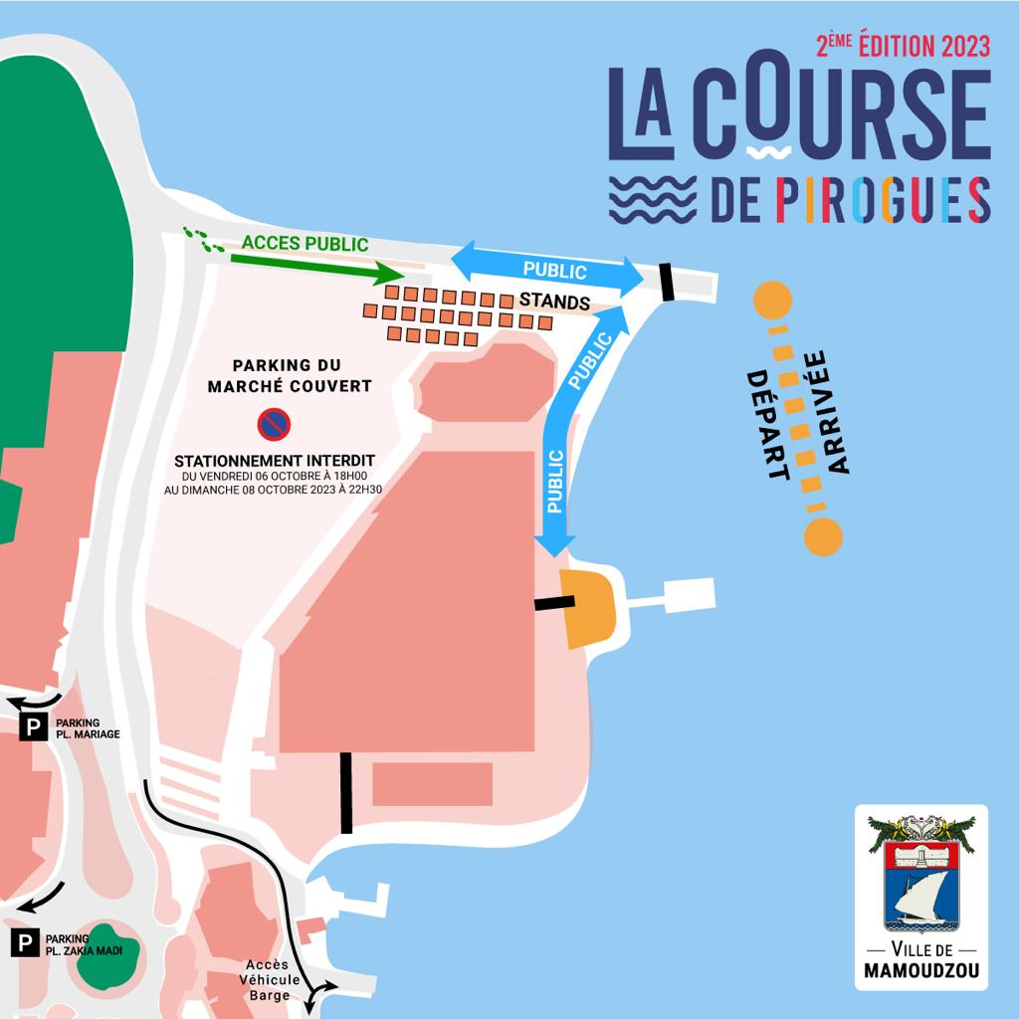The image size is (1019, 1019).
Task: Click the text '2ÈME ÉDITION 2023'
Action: (x=903, y=46)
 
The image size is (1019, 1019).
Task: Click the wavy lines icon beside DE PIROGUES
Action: (x=653, y=199)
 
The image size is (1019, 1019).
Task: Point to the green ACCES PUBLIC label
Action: (x=305, y=244)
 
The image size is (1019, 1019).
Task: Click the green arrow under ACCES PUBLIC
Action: (x=314, y=266)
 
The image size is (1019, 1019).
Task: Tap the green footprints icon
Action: (x=203, y=240)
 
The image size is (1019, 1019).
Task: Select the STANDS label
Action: (x=554, y=302)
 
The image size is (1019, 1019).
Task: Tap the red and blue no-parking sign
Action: (x=273, y=425)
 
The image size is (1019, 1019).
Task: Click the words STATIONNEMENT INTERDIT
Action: (x=274, y=461)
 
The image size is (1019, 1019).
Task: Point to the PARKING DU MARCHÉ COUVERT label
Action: (x=288, y=375)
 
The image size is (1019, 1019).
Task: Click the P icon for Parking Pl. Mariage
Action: (x=34, y=727)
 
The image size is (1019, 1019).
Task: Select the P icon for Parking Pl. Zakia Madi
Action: (x=25, y=942)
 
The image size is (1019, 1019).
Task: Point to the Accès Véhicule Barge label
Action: (x=268, y=979)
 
